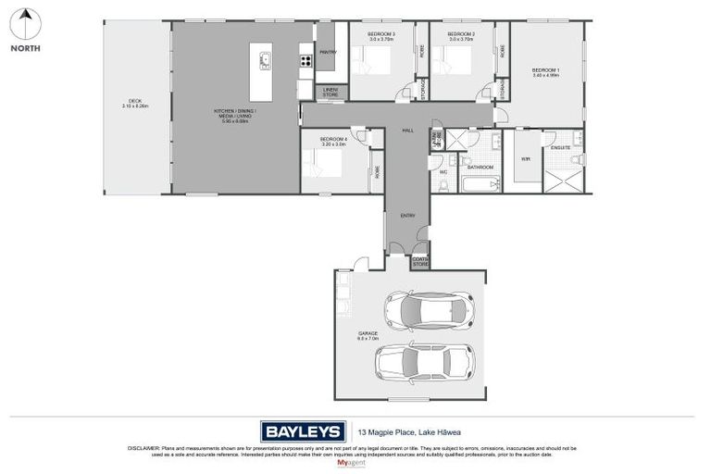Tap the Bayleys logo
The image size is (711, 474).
pos(303,430)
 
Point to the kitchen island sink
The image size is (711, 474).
pos(266,62)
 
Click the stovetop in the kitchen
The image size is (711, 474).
pos(305,62)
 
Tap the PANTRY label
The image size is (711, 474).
pos(328,53)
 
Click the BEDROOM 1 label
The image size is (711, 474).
pos(544,70)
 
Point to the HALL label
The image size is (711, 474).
pos(407,131)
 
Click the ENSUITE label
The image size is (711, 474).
pos(560,147)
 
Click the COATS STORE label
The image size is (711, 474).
pos(421,262)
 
